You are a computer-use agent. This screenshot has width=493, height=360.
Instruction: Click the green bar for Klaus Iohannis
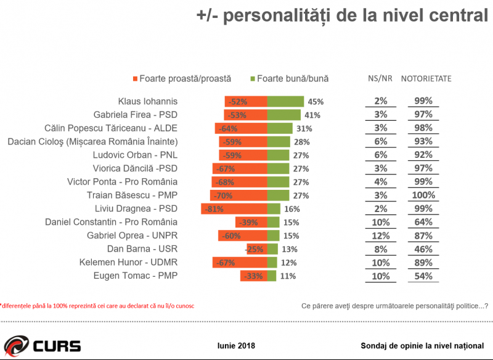point(285,101)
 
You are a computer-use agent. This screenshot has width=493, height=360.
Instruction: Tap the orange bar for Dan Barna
point(256,249)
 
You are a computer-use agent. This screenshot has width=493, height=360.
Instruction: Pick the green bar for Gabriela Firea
point(283,115)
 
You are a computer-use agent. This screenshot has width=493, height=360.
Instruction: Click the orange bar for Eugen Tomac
point(253,276)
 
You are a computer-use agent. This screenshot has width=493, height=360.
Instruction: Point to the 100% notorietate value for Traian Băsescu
point(423,195)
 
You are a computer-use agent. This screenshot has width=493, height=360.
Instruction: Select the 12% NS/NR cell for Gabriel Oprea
point(380,235)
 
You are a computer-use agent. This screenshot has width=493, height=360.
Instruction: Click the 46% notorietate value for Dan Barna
point(423,249)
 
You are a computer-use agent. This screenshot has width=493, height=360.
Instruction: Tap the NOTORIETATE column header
point(426,79)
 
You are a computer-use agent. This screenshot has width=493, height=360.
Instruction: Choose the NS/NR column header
point(380,79)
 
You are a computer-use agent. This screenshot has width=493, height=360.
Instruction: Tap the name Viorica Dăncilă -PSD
point(135,168)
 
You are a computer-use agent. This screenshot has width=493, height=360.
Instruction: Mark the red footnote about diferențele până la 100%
point(99,305)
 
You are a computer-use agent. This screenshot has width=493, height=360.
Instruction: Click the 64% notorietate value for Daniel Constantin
point(423,222)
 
